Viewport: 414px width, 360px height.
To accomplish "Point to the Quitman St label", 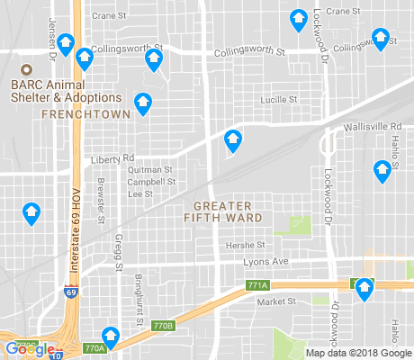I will (150, 169).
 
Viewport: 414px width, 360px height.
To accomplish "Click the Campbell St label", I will (150, 181).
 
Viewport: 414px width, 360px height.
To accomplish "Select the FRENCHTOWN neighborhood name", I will (82, 114).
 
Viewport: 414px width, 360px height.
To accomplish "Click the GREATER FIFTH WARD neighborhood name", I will (222, 211).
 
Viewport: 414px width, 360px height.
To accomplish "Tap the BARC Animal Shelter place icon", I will (27, 70).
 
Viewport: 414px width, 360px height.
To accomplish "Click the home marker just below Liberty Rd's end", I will (233, 141).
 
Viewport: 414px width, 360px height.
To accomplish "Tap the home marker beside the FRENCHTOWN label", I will (142, 104).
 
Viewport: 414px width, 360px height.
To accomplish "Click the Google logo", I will (29, 349).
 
